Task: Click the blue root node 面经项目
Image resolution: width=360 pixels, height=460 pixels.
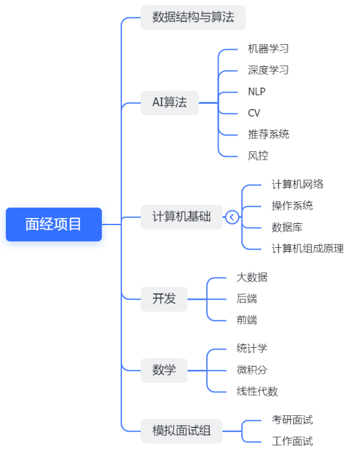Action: pos(54,224)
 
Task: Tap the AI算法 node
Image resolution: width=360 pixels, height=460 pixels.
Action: pos(169,103)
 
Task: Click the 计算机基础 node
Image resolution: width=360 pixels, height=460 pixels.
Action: pos(182,217)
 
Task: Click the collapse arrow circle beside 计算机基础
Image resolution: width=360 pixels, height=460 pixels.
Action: pos(232,217)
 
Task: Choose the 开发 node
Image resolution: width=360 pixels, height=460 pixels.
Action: pos(164,299)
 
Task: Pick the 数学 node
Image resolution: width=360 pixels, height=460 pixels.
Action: pos(164,370)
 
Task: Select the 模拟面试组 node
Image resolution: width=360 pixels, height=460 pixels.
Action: pos(182,431)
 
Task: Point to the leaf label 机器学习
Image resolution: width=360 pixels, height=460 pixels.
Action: pos(268,49)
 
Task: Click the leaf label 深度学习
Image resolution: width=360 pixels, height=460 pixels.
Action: pos(268,70)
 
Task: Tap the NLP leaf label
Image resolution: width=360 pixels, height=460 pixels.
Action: pos(256,91)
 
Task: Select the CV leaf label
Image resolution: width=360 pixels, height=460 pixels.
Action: pos(254,113)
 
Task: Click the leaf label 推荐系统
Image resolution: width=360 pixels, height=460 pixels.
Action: pos(268,134)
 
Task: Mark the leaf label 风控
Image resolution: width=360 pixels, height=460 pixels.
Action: pos(258,156)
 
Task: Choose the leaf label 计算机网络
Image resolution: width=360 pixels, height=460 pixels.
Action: pos(297,184)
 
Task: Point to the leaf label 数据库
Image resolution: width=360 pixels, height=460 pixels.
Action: pos(287,227)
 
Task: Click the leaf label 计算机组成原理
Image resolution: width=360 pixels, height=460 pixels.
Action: pos(307,248)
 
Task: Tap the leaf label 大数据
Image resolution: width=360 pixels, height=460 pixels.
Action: pos(252,277)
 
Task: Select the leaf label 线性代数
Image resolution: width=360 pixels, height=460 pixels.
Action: pos(257,391)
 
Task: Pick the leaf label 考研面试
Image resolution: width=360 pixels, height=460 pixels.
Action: pos(292,420)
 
